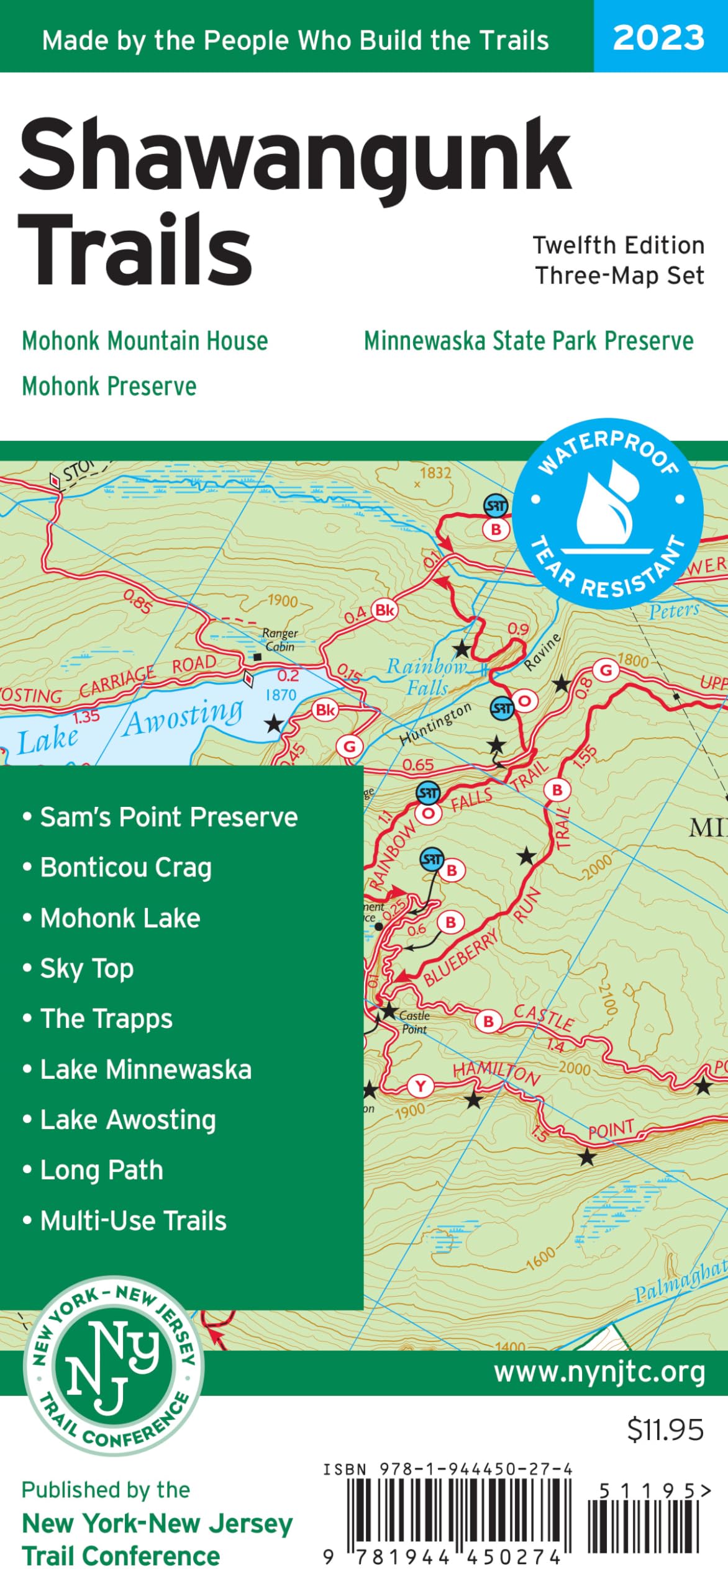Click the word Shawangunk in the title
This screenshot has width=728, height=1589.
pyautogui.click(x=295, y=155)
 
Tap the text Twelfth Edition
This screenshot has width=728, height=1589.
pyautogui.click(x=619, y=245)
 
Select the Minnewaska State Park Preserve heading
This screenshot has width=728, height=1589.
pyautogui.click(x=529, y=341)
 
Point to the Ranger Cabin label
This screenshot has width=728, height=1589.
pyautogui.click(x=280, y=639)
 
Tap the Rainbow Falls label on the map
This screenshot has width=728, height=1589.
pyautogui.click(x=426, y=677)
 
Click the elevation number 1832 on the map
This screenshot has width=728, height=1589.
pyautogui.click(x=435, y=473)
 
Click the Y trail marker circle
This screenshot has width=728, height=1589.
pyautogui.click(x=421, y=1086)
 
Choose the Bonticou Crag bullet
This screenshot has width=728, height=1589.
pyautogui.click(x=125, y=867)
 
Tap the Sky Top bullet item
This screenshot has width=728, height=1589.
pyautogui.click(x=87, y=968)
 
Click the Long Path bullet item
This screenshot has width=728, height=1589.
pyautogui.click(x=101, y=1170)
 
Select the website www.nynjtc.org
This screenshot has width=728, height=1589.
pyautogui.click(x=599, y=1372)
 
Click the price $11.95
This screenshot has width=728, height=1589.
pyautogui.click(x=665, y=1429)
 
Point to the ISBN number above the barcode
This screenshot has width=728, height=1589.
pyautogui.click(x=447, y=1469)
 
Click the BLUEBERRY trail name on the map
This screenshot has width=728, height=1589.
pyautogui.click(x=461, y=957)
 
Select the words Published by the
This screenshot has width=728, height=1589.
pyautogui.click(x=106, y=1490)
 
